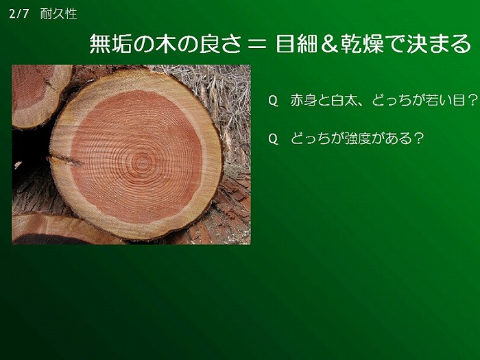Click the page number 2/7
click(x=19, y=14)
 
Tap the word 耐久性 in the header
click(x=58, y=14)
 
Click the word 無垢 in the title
click(x=110, y=43)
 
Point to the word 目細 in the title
click(x=296, y=43)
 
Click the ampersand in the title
click(x=329, y=44)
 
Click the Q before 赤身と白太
click(x=273, y=100)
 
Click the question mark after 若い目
click(x=473, y=100)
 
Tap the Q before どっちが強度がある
click(x=273, y=139)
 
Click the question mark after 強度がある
click(x=419, y=138)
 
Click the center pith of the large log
click(x=141, y=163)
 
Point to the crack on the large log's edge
click(x=66, y=160)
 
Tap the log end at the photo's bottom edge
click(x=61, y=229)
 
